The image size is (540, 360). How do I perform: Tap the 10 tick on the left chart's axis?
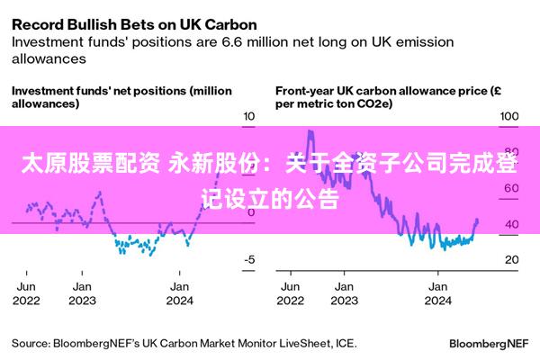tap(249, 117)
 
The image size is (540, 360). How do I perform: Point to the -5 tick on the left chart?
tap(249, 260)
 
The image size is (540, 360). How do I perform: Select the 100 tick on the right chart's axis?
tap(510, 117)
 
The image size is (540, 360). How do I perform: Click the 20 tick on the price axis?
tap(510, 260)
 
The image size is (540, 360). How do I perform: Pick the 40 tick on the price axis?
tap(510, 224)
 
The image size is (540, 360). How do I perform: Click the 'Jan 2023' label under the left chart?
tap(82, 293)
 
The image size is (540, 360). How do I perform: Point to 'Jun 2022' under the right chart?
tap(292, 293)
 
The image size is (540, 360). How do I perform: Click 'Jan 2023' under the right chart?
tap(343, 293)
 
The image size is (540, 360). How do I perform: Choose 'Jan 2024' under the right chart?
tap(438, 293)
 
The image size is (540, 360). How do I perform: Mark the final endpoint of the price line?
tap(477, 220)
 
